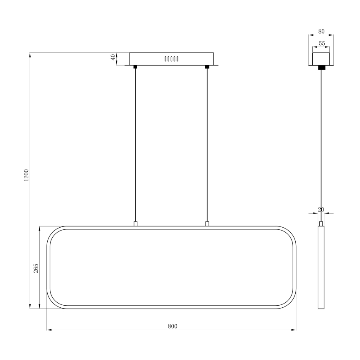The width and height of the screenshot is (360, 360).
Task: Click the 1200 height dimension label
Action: (x=26, y=176)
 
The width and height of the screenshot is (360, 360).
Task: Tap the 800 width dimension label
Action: (x=173, y=326)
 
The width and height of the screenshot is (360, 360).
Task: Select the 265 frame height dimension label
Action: (x=36, y=268)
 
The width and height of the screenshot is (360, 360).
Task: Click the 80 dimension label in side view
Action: (x=321, y=31)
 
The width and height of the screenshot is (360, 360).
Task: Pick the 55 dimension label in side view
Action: (x=321, y=43)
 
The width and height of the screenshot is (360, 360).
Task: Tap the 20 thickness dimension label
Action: (x=321, y=209)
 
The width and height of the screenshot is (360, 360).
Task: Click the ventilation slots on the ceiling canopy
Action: (x=171, y=59)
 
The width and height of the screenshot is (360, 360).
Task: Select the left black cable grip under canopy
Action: (x=135, y=67)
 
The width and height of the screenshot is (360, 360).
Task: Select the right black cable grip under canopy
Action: (x=207, y=67)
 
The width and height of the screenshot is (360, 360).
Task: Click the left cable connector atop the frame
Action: (x=135, y=224)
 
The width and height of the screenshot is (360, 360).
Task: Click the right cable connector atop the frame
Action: (x=207, y=224)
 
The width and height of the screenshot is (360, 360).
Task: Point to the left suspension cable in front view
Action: (x=135, y=145)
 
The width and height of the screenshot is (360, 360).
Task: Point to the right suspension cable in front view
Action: (x=207, y=145)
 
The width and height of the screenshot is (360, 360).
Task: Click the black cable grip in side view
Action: (x=321, y=67)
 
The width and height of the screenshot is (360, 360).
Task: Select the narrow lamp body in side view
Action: (x=321, y=268)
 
